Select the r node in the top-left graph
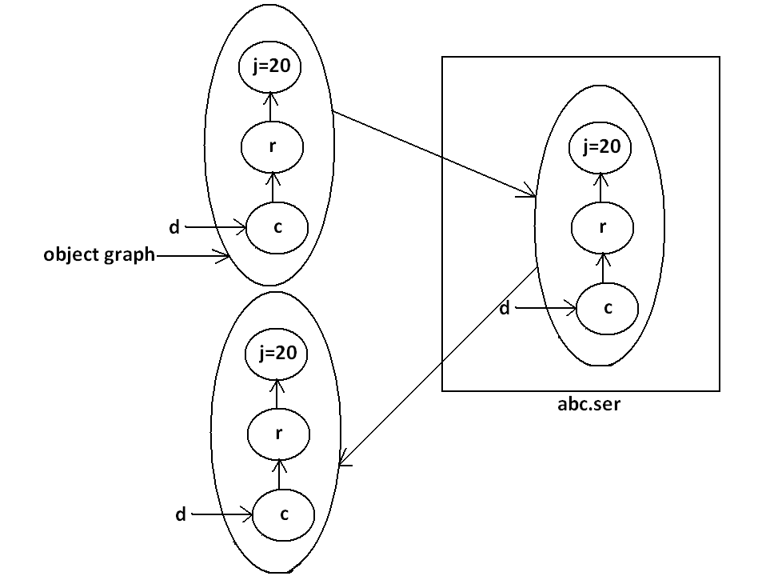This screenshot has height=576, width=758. (x=272, y=147)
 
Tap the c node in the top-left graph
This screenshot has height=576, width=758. (x=277, y=227)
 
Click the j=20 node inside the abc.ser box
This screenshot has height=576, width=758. (x=600, y=148)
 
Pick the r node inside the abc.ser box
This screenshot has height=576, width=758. (x=602, y=226)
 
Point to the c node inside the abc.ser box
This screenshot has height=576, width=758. (x=607, y=308)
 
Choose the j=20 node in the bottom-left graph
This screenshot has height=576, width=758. (x=277, y=354)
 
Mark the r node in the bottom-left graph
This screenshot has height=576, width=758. (x=277, y=434)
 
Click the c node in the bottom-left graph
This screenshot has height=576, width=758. (x=284, y=514)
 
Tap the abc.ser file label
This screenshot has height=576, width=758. (x=589, y=403)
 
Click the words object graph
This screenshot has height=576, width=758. (x=99, y=255)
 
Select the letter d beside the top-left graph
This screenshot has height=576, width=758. (x=174, y=228)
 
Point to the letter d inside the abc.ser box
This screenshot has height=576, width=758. (x=505, y=308)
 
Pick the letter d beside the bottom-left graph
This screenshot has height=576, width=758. (x=181, y=515)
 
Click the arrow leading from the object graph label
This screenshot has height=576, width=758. (x=192, y=256)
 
